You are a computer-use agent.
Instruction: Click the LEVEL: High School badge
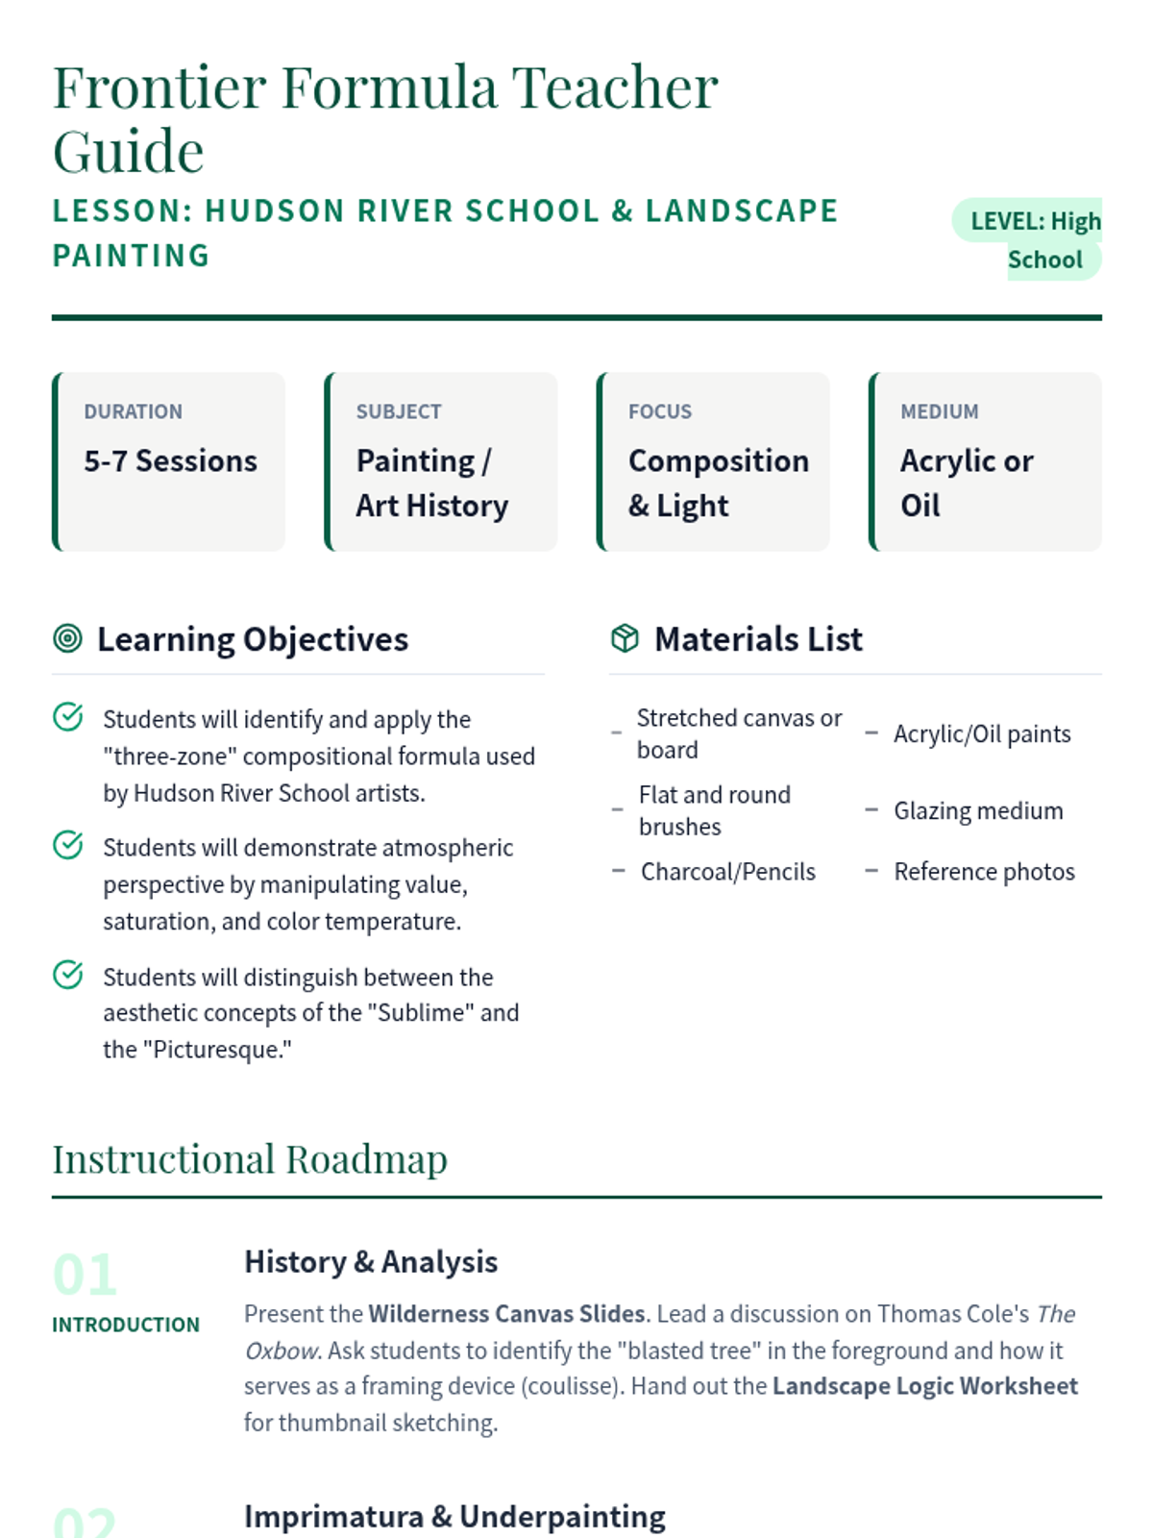[1028, 239]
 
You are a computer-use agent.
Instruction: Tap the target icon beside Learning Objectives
[67, 638]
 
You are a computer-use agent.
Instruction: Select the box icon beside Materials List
[625, 638]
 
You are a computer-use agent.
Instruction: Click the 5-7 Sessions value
[170, 461]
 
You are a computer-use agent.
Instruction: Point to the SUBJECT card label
[399, 411]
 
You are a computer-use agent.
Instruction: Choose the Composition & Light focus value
[718, 483]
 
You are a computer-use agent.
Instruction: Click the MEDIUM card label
[939, 411]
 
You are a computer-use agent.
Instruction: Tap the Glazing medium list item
[978, 811]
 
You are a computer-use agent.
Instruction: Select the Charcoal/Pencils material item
[727, 872]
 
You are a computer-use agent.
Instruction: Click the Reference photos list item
[984, 872]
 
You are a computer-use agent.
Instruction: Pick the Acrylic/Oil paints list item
[982, 734]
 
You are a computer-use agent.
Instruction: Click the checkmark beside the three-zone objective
[67, 717]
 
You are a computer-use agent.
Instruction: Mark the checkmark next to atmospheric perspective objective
[67, 845]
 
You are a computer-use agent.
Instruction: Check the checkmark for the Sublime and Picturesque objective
[67, 975]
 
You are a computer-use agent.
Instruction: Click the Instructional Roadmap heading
[250, 1159]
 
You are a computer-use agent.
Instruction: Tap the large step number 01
[85, 1275]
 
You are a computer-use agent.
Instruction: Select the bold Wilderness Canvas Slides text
[506, 1314]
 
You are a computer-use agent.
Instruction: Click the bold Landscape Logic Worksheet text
[924, 1386]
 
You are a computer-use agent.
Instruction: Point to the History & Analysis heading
[371, 1262]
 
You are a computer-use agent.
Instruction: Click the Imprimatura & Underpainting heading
[454, 1517]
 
